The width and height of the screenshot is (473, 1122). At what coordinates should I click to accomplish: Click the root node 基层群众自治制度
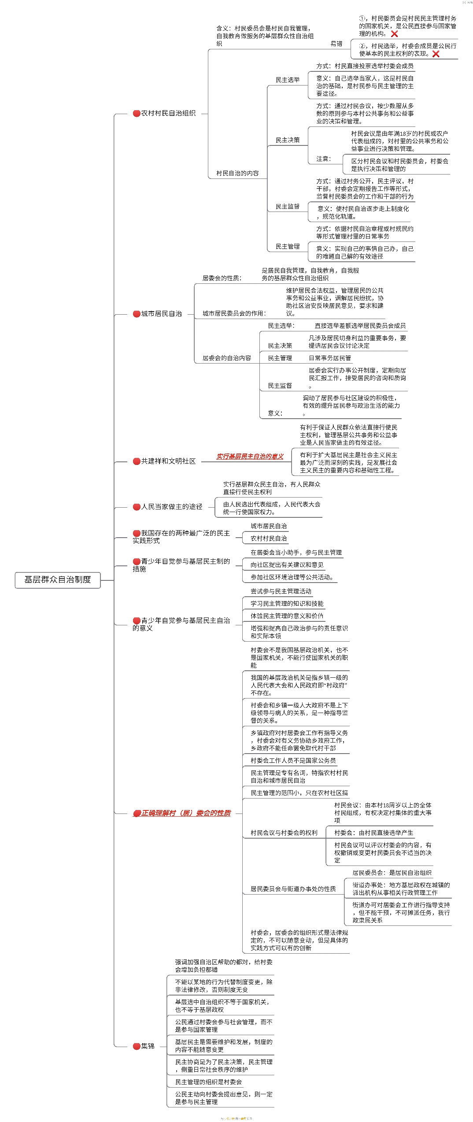coord(58,580)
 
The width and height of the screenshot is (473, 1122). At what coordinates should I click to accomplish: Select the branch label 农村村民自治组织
coord(168,113)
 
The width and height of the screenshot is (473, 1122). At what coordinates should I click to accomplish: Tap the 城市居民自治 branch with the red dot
coord(161,314)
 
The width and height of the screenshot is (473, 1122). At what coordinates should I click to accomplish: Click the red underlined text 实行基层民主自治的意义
coord(250,457)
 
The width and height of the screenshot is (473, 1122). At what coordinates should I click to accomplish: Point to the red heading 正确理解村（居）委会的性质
coord(185,813)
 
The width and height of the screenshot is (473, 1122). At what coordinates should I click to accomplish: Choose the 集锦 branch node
coord(147,1046)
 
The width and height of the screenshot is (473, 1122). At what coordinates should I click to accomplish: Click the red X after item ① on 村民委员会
coord(394,34)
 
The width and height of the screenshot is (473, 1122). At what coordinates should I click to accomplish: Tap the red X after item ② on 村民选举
coord(436,54)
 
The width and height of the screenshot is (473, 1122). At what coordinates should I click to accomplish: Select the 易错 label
coord(336,44)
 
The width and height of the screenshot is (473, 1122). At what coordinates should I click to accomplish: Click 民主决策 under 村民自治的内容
coord(288,140)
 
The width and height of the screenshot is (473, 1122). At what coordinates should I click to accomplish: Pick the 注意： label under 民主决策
coord(323,159)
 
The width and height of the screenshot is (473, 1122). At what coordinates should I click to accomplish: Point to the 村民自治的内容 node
coord(237,173)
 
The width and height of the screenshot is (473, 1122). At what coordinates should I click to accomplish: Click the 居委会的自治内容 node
coord(227,358)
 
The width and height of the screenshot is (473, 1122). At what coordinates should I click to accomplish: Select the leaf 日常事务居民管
coord(330,358)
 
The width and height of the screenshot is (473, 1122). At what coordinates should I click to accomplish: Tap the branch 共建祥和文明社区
coord(168,461)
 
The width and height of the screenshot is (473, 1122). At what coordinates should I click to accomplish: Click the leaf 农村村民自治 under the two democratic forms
coord(269,538)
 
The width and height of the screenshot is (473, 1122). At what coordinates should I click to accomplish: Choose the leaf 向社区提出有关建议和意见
coord(287,565)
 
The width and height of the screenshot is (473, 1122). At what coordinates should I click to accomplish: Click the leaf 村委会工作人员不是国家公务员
coord(293,760)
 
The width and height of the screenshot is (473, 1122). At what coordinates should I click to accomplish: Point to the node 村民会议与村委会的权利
coord(284,832)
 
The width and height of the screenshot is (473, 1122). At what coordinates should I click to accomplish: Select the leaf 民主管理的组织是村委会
coord(208,1082)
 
